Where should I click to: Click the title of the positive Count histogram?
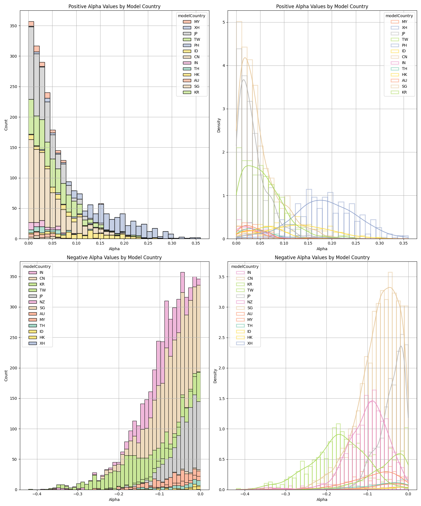(114, 6)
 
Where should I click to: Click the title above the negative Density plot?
(322, 257)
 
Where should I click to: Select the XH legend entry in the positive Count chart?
(196, 28)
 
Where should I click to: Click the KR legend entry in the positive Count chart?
(196, 92)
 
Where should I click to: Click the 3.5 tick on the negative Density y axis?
(222, 277)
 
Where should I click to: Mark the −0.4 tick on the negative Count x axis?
(36, 494)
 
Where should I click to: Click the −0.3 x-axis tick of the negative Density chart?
(285, 494)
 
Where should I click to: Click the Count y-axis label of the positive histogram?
(6, 125)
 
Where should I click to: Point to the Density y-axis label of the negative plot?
(215, 376)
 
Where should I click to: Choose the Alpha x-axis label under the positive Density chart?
(322, 249)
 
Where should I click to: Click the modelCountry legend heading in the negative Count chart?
(37, 266)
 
